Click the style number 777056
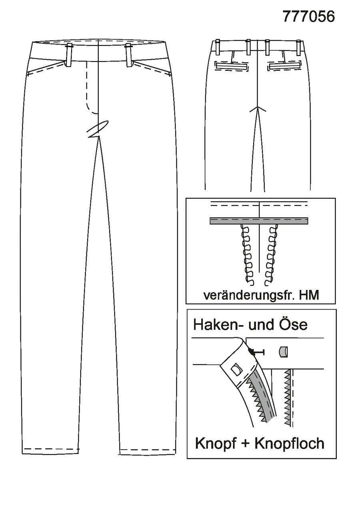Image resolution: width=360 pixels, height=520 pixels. coord(308,17)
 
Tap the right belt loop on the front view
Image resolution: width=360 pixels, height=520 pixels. coord(129,55)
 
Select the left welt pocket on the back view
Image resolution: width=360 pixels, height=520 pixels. coord(232,66)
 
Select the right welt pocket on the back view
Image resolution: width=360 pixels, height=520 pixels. coord(284,66)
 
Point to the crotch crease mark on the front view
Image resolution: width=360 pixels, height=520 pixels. coord(98,129)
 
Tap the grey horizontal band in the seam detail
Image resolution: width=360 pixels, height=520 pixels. coord(259,221)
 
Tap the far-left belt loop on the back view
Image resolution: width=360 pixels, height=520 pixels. coord(218,47)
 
